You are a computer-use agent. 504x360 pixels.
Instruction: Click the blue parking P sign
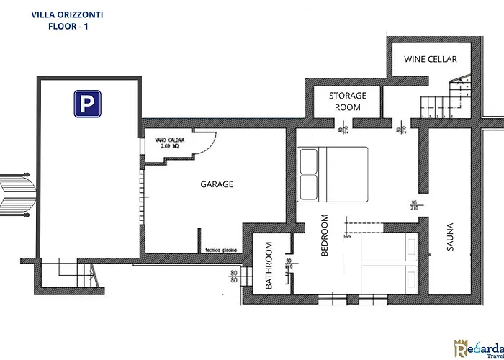coord(86,105)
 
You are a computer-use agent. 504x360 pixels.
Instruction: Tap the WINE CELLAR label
coord(431,59)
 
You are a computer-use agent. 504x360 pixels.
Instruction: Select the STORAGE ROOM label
coord(348,102)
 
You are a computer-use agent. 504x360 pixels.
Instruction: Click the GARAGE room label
coord(217,184)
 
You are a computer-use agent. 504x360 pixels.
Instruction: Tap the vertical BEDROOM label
coord(324,235)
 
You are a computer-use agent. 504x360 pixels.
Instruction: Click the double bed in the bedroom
coord(332,174)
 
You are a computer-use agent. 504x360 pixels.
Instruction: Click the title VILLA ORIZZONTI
coord(67,14)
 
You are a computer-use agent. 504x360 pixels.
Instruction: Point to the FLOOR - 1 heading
coord(67,26)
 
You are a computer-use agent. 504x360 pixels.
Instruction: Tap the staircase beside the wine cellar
coord(444,105)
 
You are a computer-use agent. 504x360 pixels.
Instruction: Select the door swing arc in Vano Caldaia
coord(205,148)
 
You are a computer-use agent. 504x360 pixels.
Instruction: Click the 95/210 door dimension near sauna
coord(414,205)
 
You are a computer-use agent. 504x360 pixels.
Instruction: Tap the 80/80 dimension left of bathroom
coord(233,277)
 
